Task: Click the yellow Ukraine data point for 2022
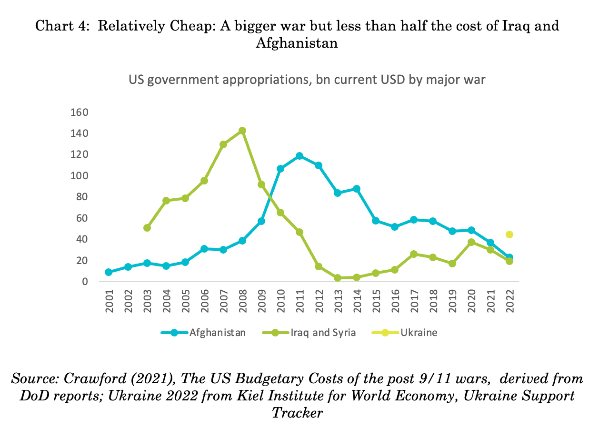509,235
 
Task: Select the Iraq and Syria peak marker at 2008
242,131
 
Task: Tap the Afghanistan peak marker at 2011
299,156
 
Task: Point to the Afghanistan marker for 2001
109,272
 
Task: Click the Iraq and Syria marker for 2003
147,228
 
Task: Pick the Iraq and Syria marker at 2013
338,278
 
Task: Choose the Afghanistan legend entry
217,333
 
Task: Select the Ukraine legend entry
418,333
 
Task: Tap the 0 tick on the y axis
85,282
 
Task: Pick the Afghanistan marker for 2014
357,189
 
